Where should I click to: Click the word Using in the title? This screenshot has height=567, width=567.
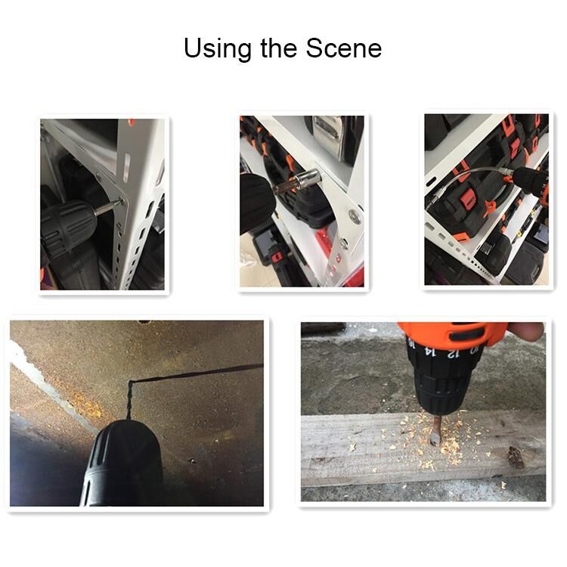coord(218,48)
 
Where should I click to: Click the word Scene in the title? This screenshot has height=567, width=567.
coord(344,48)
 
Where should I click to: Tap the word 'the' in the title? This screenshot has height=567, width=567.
coord(280,48)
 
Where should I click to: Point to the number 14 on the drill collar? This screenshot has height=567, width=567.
coord(430,351)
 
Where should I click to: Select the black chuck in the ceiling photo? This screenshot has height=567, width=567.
coord(123,463)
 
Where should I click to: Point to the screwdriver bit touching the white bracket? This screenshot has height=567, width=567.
coord(109,208)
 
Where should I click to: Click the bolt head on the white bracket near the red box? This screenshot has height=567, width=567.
coord(355,216)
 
